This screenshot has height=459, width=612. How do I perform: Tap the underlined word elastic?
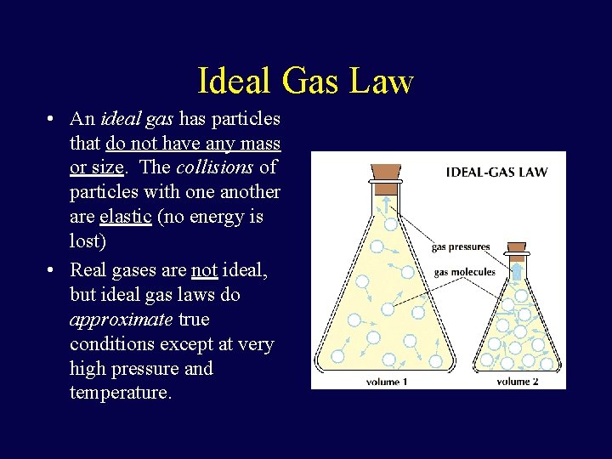[125, 217]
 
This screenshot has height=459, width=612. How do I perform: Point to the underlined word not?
[204, 270]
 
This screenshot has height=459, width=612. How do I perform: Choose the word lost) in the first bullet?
[88, 241]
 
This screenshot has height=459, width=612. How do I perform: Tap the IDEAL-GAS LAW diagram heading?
[496, 172]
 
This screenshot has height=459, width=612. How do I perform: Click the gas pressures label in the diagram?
[461, 247]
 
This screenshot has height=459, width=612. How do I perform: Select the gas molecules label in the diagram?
[464, 272]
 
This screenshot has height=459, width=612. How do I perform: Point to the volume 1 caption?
[387, 382]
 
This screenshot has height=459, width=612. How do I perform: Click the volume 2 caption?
[518, 382]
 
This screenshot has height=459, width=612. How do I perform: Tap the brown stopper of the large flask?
[386, 171]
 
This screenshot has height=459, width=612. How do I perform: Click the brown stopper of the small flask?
[516, 250]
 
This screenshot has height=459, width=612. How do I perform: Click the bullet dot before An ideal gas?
[53, 119]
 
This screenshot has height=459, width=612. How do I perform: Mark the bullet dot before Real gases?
[53, 270]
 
